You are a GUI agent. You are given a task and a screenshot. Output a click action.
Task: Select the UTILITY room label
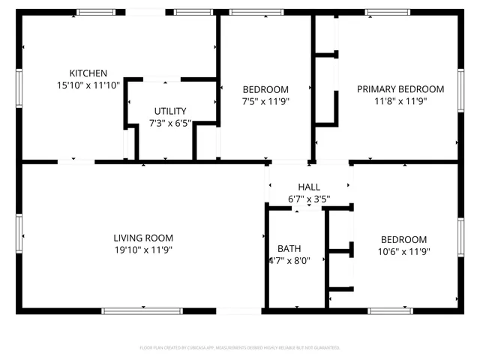(170, 111)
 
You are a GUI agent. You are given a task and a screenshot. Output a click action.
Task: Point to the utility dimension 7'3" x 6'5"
(170, 123)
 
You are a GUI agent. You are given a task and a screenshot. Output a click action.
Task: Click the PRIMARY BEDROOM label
(400, 88)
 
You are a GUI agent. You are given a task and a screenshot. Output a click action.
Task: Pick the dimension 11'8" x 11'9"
(400, 100)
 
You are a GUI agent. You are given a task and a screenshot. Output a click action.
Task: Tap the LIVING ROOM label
(143, 238)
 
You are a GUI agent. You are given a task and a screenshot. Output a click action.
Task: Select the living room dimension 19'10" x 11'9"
(143, 250)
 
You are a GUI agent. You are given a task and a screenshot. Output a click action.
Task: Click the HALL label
(309, 187)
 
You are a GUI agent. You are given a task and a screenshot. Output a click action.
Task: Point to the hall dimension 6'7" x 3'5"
(309, 199)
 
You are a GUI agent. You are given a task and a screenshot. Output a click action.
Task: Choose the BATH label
(289, 248)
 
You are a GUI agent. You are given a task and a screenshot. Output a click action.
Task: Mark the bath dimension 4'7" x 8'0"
(289, 260)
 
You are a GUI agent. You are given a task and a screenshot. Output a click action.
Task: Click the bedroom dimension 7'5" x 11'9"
(265, 100)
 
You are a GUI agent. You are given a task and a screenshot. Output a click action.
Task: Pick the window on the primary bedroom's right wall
(461, 90)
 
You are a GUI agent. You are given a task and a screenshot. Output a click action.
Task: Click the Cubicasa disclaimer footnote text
(240, 348)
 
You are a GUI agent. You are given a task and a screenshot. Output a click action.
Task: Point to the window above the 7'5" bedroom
(251, 12)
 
